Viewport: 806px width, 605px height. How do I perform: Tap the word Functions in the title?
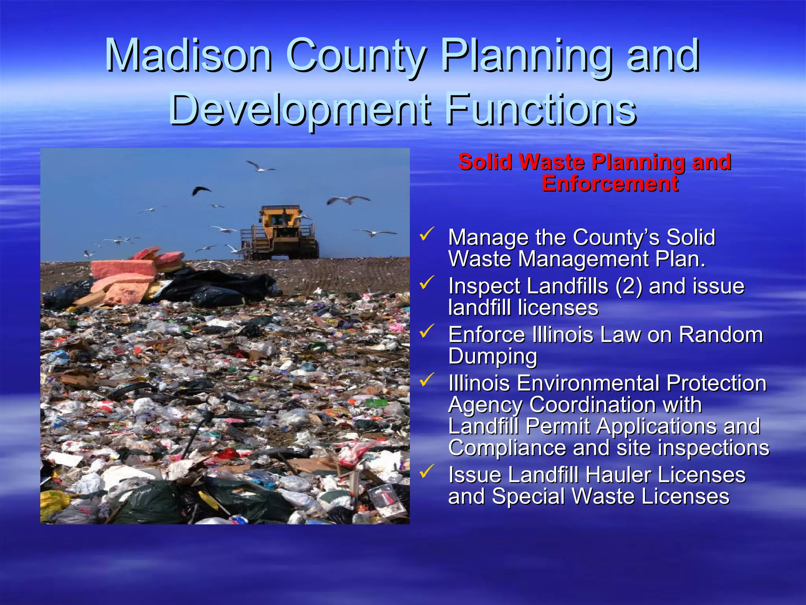point(541,108)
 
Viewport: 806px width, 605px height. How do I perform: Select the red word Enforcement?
point(610,184)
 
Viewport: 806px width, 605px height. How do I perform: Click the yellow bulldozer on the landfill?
point(281,234)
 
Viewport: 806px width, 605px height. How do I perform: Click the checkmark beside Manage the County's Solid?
point(427,234)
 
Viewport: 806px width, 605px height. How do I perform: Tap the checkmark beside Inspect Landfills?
point(427,282)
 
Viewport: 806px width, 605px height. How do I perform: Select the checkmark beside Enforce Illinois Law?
point(427,331)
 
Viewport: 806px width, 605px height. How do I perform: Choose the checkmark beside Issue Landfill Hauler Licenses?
point(427,471)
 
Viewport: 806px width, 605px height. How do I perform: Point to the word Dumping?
point(493,356)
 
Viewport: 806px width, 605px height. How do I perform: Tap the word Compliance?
point(507,448)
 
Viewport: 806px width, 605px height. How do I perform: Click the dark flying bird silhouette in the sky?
point(201,191)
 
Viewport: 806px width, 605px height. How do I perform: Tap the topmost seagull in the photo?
point(259,167)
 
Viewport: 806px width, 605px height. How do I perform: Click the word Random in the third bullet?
point(721,335)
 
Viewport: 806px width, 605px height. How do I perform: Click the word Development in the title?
point(299,108)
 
